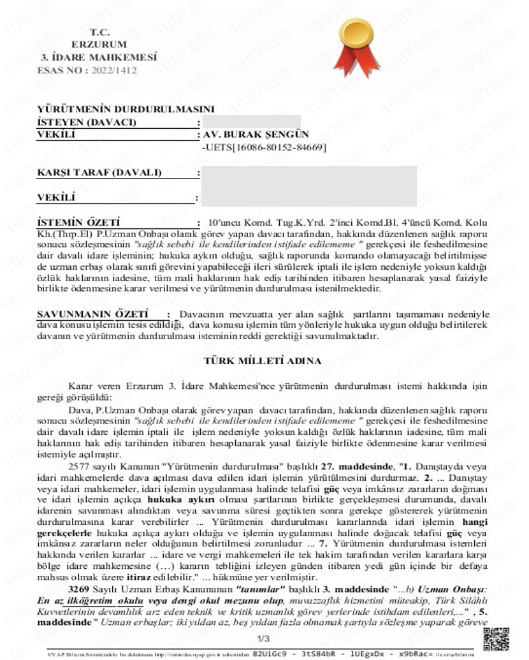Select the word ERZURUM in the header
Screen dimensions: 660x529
pos(99,45)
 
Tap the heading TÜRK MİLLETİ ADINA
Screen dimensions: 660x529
pos(262,361)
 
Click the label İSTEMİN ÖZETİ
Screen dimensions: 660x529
pos(79,223)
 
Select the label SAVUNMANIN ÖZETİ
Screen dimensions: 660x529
pos(93,314)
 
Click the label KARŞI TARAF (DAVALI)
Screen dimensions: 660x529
pos(99,173)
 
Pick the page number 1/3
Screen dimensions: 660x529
pos(263,639)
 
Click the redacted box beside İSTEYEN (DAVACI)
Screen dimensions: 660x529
pos(250,122)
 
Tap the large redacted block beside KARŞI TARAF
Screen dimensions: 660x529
pos(308,185)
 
